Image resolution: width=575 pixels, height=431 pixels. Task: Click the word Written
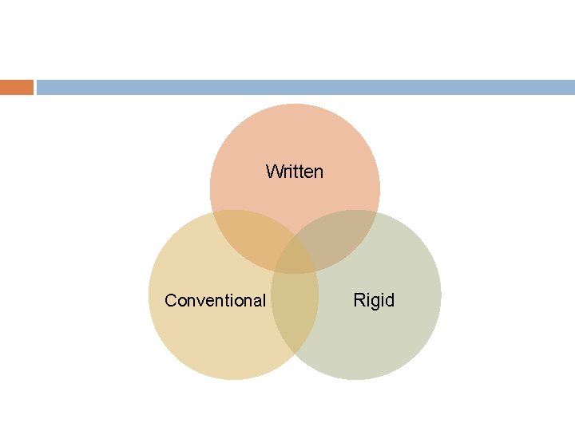point(295,172)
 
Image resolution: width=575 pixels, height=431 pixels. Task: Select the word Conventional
point(215,301)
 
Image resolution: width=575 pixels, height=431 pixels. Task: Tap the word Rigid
point(374,301)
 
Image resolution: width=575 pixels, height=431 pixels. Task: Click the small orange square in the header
point(17,87)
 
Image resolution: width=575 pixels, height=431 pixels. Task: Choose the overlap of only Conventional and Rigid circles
point(295,319)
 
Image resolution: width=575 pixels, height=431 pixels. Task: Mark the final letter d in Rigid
point(389,301)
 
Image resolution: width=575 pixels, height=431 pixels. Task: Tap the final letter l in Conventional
point(264,301)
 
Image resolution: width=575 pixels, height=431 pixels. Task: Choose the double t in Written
point(297,172)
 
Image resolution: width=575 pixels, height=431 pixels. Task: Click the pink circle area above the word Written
point(295,132)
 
